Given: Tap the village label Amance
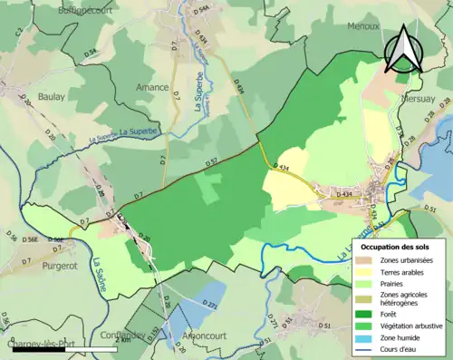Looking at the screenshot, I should coord(152,88).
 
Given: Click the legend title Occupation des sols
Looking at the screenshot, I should coord(397,247).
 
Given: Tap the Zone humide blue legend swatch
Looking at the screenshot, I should coord(368,330).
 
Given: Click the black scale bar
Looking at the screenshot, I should coord(36,349).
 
